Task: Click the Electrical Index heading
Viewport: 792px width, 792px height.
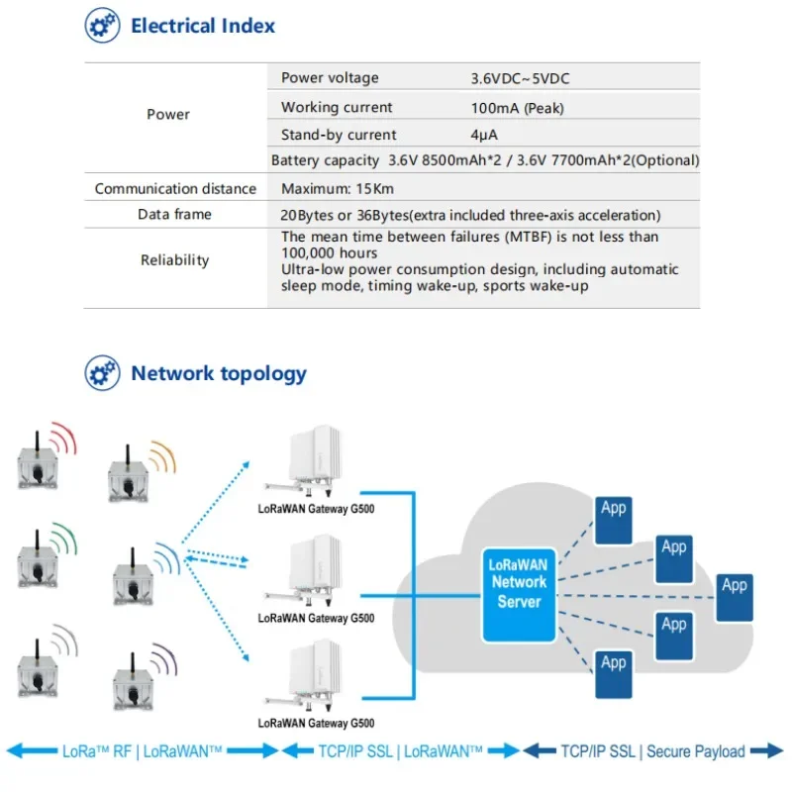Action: [x=203, y=26]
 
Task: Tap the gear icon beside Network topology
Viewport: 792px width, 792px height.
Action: [x=103, y=373]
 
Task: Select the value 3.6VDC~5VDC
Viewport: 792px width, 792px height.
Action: [x=520, y=79]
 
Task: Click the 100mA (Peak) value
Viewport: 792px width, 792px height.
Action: [x=517, y=108]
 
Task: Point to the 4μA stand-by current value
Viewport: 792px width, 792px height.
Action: [x=484, y=135]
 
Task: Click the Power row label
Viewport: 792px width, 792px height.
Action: [x=168, y=114]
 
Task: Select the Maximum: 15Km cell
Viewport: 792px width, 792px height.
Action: [x=338, y=189]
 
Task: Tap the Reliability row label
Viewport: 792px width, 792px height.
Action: [x=174, y=260]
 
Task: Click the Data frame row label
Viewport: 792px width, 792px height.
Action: [x=174, y=214]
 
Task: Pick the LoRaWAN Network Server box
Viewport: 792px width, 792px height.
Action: [x=519, y=595]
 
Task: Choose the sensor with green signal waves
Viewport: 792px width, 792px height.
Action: [x=38, y=559]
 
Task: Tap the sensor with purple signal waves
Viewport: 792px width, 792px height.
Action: [x=133, y=681]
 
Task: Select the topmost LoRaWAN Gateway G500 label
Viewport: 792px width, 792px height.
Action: [x=316, y=509]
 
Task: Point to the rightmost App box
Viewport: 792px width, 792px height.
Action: [x=735, y=598]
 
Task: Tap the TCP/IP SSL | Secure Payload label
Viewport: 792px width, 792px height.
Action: [x=653, y=751]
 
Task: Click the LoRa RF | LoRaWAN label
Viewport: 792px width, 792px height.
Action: [x=142, y=751]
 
